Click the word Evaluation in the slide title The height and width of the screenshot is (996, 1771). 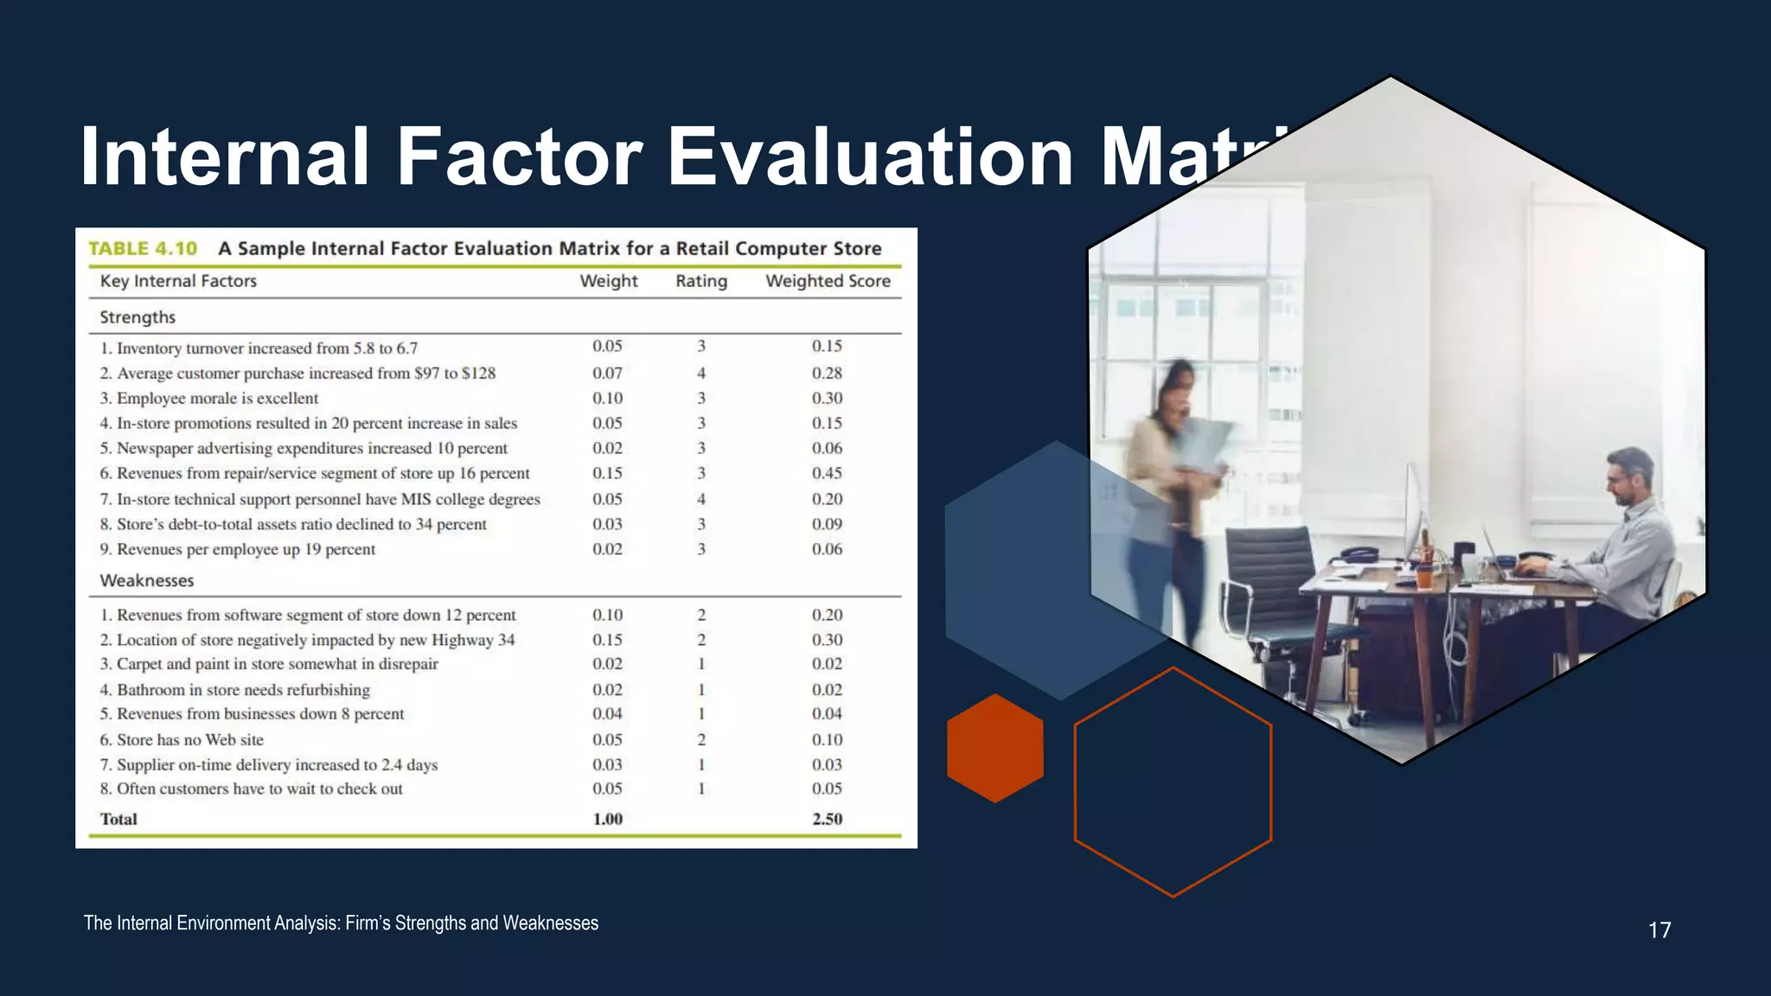(x=870, y=156)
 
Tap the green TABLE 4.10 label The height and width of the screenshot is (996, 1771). (x=143, y=249)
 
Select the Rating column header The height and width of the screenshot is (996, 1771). (x=700, y=281)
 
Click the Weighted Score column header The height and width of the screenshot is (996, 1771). (x=828, y=281)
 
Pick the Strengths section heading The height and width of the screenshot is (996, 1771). (x=137, y=317)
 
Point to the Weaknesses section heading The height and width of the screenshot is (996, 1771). (x=146, y=581)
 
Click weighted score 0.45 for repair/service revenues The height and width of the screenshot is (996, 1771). (x=827, y=473)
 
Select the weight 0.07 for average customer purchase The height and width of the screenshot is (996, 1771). (x=607, y=373)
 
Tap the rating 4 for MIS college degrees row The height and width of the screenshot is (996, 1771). (x=700, y=499)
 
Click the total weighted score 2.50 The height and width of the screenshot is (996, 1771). (x=827, y=819)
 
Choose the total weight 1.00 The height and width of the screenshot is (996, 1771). (x=607, y=819)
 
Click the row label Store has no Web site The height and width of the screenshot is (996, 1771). (x=189, y=740)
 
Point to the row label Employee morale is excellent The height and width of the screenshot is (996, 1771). (x=217, y=399)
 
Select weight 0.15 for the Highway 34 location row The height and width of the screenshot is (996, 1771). (x=607, y=640)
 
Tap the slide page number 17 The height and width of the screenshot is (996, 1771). (x=1659, y=930)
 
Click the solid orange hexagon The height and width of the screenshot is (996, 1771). (x=994, y=748)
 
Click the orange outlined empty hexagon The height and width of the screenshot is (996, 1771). (x=1173, y=782)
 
